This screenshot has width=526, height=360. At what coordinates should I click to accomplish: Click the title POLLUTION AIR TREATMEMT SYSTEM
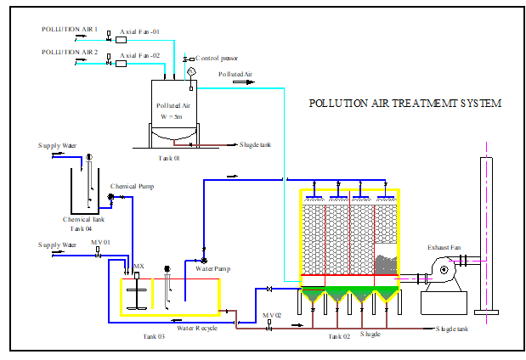(404, 104)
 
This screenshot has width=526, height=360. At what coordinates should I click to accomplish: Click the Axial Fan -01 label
(139, 31)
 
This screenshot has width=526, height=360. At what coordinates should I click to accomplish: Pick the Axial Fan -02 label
(139, 55)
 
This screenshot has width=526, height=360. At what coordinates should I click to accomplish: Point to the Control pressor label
(217, 59)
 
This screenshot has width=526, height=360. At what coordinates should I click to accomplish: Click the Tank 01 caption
(170, 158)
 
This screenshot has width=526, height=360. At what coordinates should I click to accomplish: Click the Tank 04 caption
(81, 228)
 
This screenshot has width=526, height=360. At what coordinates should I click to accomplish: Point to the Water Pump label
(212, 269)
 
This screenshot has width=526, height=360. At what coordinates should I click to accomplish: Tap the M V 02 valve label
(271, 316)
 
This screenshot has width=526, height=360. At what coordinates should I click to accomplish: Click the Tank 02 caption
(338, 337)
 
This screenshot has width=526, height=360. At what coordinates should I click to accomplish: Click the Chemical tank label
(82, 219)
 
